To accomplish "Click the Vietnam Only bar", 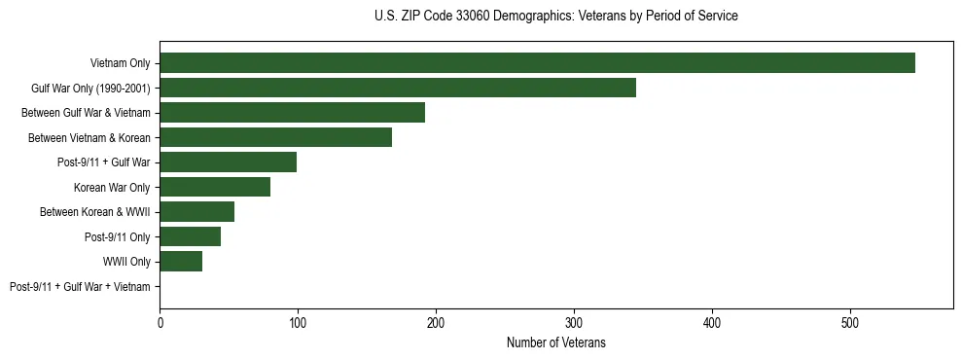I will click(x=537, y=63).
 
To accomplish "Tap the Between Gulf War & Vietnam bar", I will click(x=292, y=113).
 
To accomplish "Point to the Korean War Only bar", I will click(x=215, y=187).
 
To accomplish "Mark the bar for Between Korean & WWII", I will click(x=196, y=212).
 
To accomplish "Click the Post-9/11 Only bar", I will click(x=190, y=236).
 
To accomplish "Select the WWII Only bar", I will click(x=181, y=262).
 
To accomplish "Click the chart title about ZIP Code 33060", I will click(x=555, y=17).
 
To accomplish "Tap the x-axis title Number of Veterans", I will click(x=555, y=342).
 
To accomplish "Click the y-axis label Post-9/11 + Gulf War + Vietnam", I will click(x=80, y=287).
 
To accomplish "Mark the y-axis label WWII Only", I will click(x=126, y=262).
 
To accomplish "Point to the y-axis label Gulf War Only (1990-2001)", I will click(x=90, y=89).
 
